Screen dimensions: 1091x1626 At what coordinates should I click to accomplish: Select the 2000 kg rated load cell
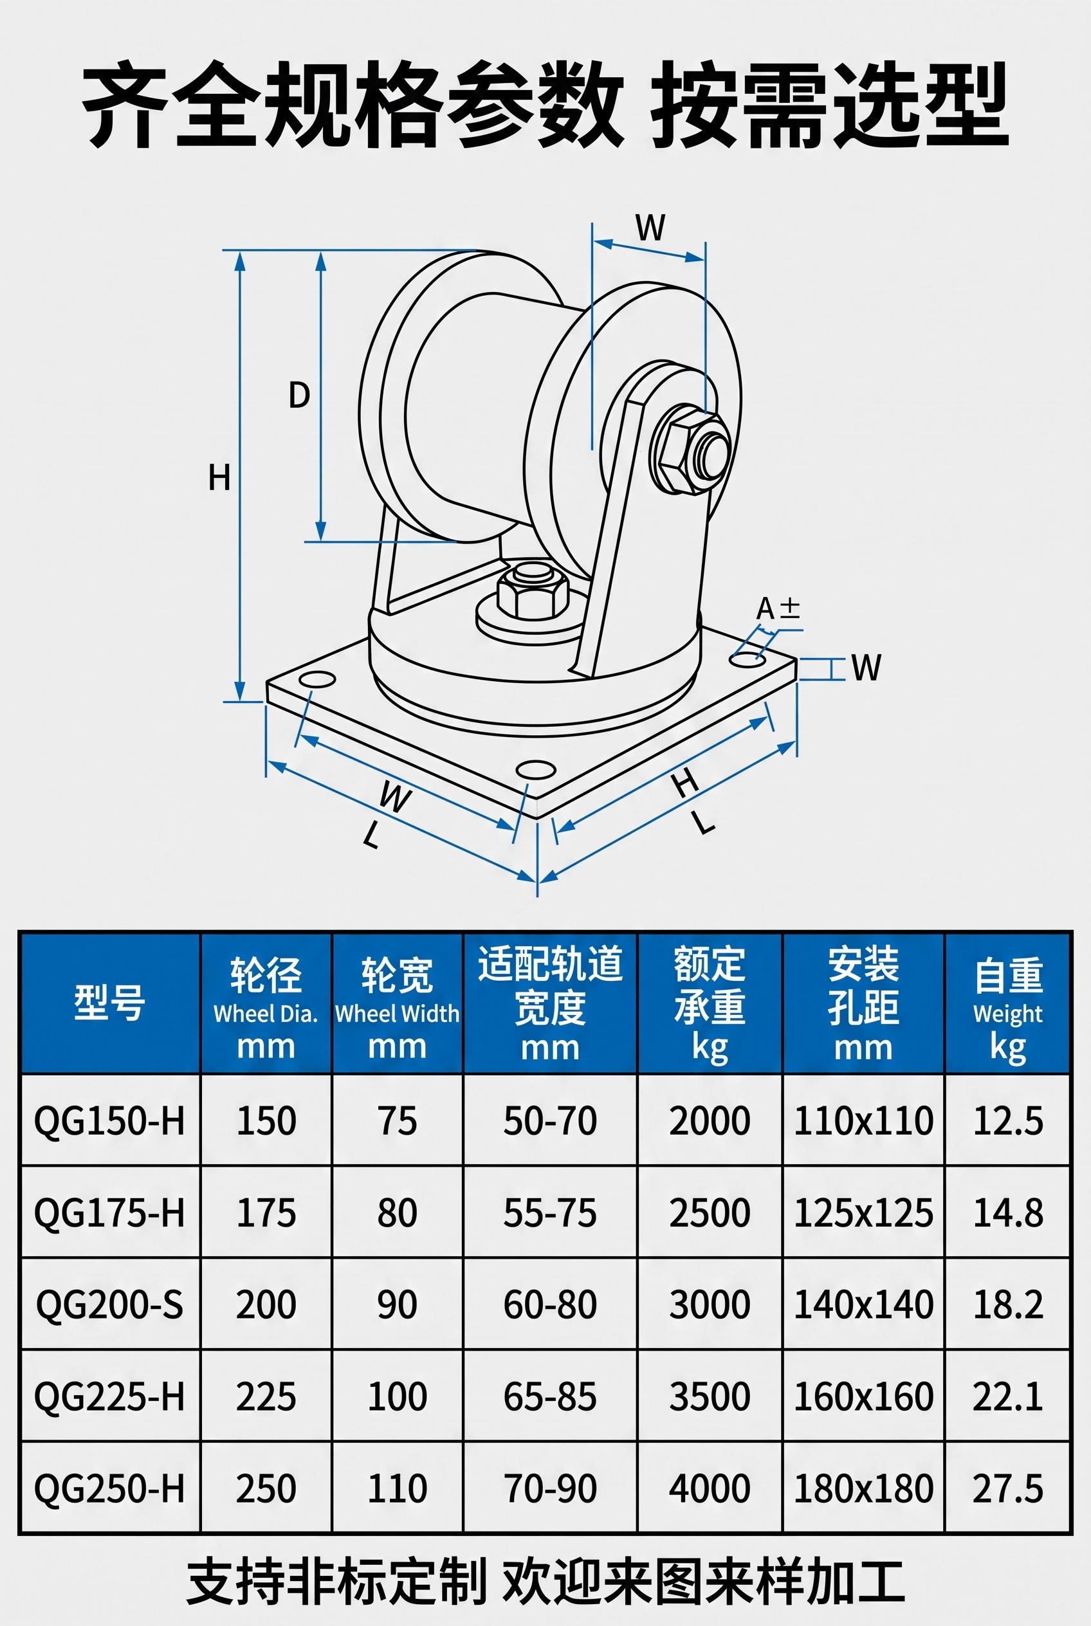(710, 1120)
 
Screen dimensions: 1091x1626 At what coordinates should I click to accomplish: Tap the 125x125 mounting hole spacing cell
(863, 1212)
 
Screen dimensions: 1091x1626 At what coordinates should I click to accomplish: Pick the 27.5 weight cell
(1007, 1488)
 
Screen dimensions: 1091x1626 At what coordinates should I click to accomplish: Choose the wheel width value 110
(398, 1488)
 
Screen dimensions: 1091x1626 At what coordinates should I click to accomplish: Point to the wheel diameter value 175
(266, 1212)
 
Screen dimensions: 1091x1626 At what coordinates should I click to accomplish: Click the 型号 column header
(110, 1003)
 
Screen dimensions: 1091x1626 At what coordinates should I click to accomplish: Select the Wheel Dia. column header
(266, 1003)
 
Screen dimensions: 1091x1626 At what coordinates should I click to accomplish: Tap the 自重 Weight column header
(1007, 1003)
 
